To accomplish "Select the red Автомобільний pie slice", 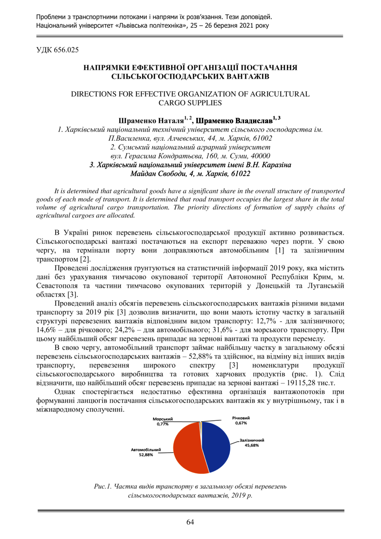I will click(x=187, y=448).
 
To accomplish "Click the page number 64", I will click(x=190, y=522).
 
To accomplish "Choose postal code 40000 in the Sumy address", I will click(x=260, y=156).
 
